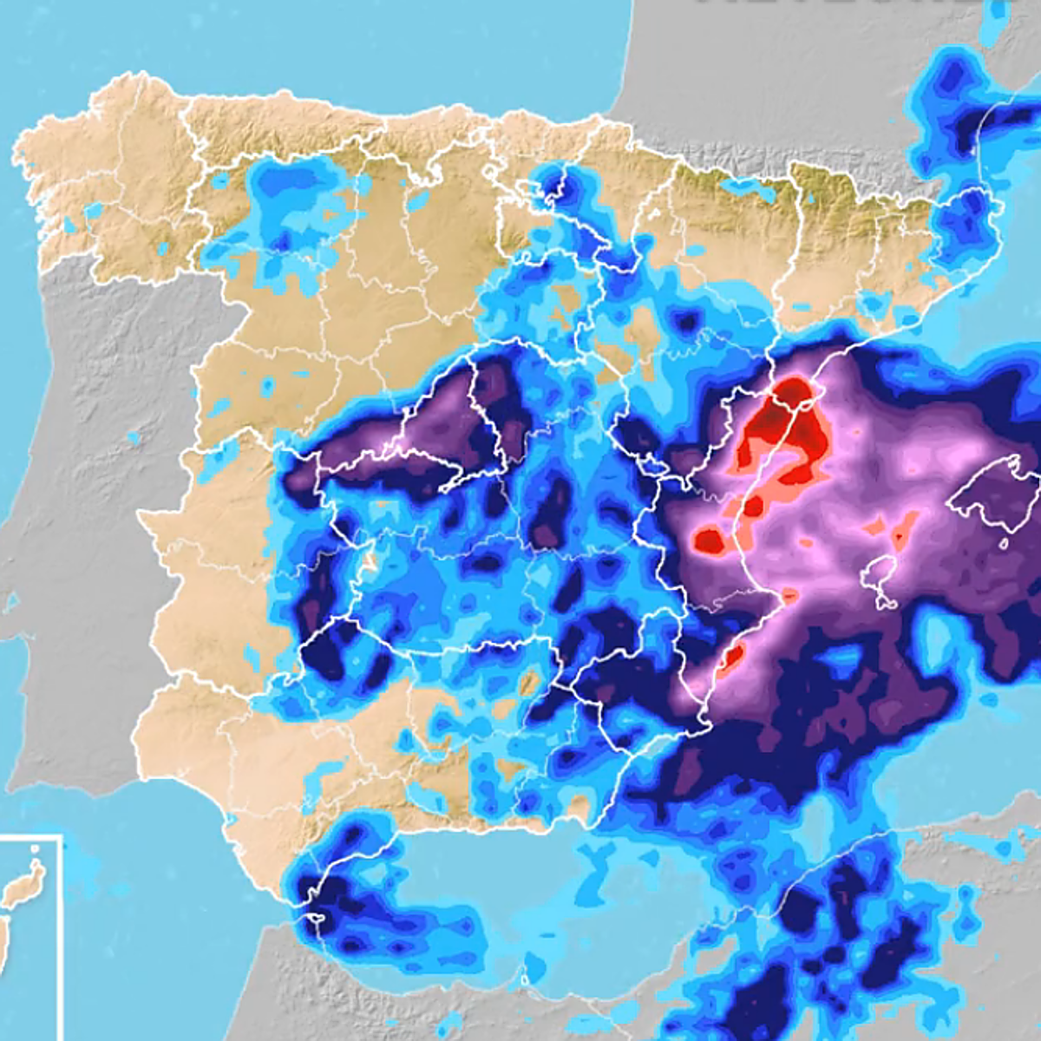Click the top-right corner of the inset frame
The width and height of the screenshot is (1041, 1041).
(62, 836)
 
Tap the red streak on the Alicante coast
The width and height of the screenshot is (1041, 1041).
(731, 654)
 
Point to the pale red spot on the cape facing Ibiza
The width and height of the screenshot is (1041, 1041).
(789, 596)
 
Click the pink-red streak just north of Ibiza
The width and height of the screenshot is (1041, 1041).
(902, 529)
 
